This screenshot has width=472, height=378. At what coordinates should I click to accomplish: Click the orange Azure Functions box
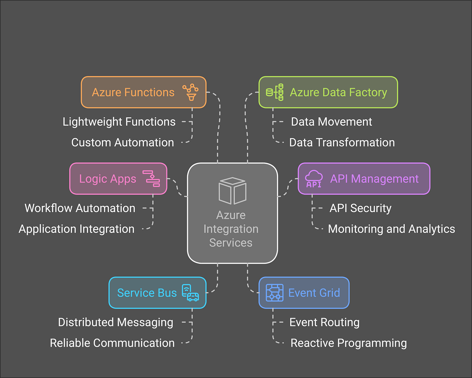pyautogui.click(x=143, y=92)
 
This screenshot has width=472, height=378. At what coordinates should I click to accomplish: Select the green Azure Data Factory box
pyautogui.click(x=328, y=92)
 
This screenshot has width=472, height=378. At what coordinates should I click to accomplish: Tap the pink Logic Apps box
pyautogui.click(x=118, y=179)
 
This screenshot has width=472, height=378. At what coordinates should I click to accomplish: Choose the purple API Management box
pyautogui.click(x=364, y=179)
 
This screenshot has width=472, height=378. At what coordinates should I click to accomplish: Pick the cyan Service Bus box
pyautogui.click(x=157, y=293)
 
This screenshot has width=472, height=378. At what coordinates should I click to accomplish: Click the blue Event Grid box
pyautogui.click(x=304, y=293)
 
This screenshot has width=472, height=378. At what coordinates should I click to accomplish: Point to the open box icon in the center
pyautogui.click(x=232, y=191)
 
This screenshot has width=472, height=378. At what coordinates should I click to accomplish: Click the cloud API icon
pyautogui.click(x=314, y=179)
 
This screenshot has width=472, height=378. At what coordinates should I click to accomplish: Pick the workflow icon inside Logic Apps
pyautogui.click(x=151, y=178)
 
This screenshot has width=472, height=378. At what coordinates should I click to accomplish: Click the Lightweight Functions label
pyautogui.click(x=119, y=122)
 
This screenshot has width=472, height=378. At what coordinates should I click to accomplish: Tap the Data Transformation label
pyautogui.click(x=342, y=143)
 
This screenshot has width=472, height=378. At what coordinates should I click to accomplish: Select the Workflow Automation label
pyautogui.click(x=80, y=208)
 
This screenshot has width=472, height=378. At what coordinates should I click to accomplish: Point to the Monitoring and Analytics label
pyautogui.click(x=391, y=229)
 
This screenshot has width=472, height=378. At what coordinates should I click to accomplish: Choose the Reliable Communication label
pyautogui.click(x=112, y=343)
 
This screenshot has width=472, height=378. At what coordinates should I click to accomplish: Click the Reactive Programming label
pyautogui.click(x=348, y=343)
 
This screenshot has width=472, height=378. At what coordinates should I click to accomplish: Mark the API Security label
pyautogui.click(x=360, y=208)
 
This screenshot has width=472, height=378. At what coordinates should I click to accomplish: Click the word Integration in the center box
pyautogui.click(x=231, y=229)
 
